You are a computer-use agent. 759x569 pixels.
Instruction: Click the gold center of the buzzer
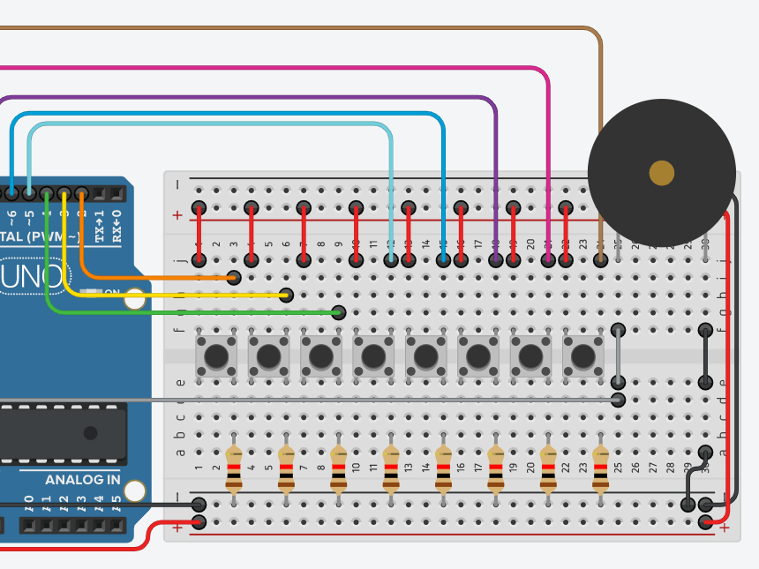pyautogui.click(x=661, y=173)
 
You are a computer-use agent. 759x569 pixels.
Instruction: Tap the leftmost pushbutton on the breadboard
pyautogui.click(x=215, y=356)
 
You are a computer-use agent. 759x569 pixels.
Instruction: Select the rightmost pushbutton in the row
pyautogui.click(x=582, y=356)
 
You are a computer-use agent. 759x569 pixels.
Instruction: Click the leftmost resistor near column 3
pyautogui.click(x=233, y=468)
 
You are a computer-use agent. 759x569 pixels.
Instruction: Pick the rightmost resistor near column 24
pyautogui.click(x=601, y=468)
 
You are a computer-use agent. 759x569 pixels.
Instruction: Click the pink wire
pyautogui.click(x=353, y=67)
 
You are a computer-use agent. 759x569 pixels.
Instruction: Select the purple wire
pyautogui.click(x=265, y=97)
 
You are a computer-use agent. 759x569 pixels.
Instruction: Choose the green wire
pyautogui.click(x=177, y=312)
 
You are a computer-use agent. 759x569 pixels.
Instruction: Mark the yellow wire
pyautogui.click(x=177, y=295)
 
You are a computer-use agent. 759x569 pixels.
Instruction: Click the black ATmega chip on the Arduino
pyautogui.click(x=62, y=432)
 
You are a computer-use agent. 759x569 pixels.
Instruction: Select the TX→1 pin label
pyautogui.click(x=99, y=226)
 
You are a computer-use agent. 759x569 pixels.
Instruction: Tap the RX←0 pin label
pyautogui.click(x=116, y=226)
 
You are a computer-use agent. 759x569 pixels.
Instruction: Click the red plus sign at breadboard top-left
pyautogui.click(x=177, y=214)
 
